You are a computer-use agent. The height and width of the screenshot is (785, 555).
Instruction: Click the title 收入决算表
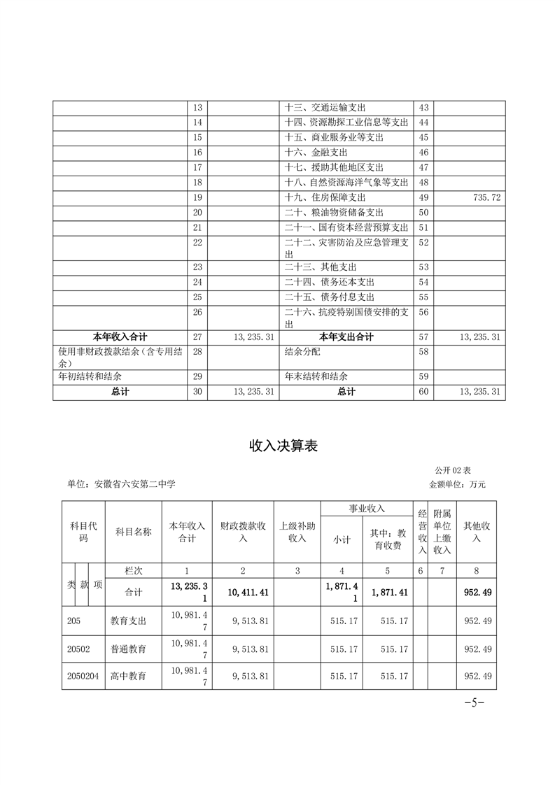[x=283, y=446]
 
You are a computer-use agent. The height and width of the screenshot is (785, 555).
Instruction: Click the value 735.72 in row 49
[x=486, y=198]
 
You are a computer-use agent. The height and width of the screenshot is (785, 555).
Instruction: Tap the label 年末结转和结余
[x=317, y=376]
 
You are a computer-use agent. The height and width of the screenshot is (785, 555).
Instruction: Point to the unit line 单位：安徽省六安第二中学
[x=121, y=483]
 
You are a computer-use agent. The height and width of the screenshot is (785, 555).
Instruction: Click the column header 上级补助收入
[x=297, y=531]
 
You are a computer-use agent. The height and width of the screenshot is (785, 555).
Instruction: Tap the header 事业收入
[x=367, y=509]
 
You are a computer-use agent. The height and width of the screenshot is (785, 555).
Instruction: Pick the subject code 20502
[x=79, y=649]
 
